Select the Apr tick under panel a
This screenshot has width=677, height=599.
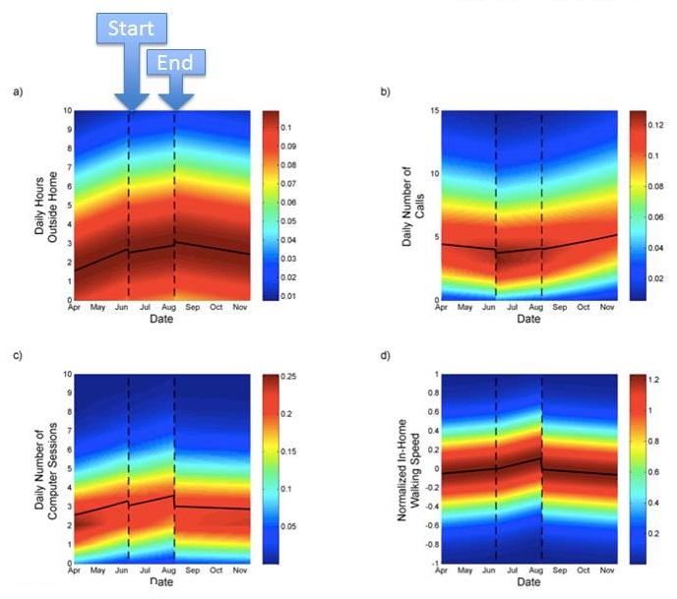[74, 307]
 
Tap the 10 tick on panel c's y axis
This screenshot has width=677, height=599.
[65, 375]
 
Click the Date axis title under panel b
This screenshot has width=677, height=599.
[529, 320]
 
